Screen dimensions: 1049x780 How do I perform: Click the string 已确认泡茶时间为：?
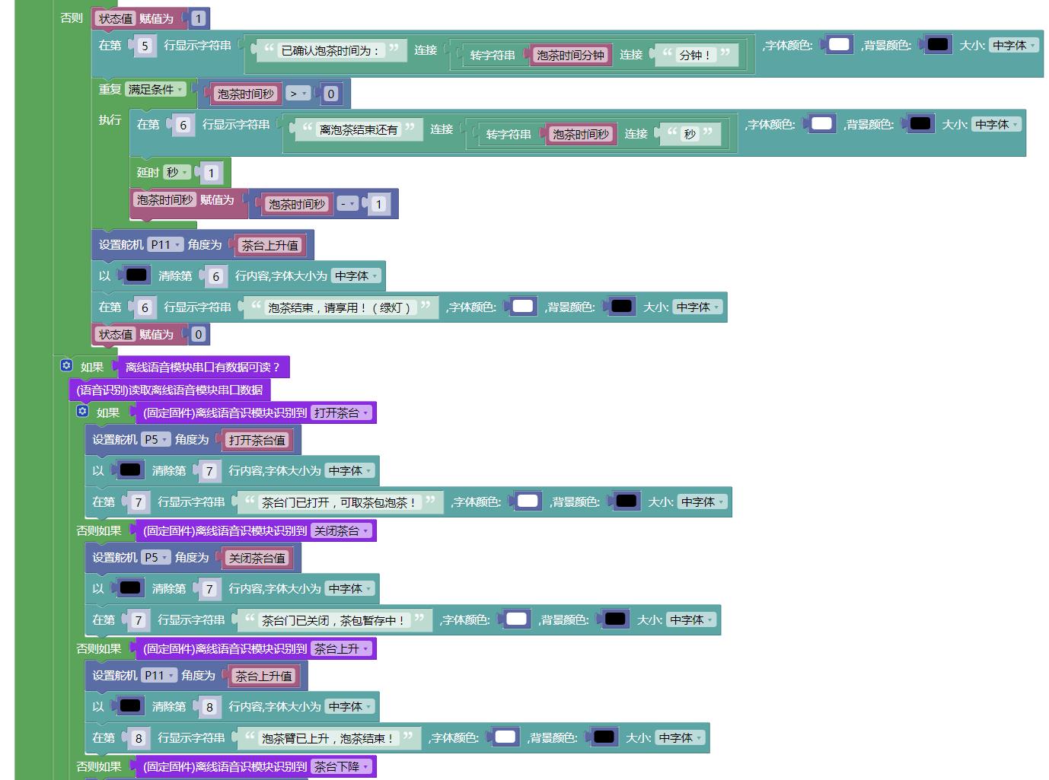click(x=330, y=50)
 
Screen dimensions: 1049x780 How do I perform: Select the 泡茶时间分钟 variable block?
click(x=570, y=55)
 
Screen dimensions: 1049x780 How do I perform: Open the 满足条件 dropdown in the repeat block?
click(x=155, y=89)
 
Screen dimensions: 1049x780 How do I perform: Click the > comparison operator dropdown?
click(x=298, y=94)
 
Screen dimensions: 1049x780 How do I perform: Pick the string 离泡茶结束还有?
click(x=359, y=129)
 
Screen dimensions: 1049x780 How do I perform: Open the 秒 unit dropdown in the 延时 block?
click(x=177, y=173)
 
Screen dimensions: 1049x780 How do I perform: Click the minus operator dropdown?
click(x=347, y=204)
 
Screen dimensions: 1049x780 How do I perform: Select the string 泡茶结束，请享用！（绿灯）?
click(x=339, y=307)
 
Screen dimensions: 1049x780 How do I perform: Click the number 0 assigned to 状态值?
click(x=198, y=335)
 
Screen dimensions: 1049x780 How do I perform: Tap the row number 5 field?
click(x=145, y=46)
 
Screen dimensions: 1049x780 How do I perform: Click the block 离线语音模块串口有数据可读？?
click(x=202, y=367)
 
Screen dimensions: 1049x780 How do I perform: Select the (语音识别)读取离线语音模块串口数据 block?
click(x=170, y=390)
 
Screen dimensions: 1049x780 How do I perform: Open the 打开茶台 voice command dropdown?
click(x=341, y=412)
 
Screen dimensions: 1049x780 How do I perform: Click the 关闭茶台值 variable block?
click(x=257, y=559)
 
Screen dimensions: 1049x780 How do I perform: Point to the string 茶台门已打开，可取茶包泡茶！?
click(x=339, y=502)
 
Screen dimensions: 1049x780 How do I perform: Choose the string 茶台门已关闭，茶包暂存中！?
click(x=333, y=620)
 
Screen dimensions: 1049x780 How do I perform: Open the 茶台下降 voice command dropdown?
click(x=341, y=767)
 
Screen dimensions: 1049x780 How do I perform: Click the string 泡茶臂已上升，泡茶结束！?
click(x=327, y=738)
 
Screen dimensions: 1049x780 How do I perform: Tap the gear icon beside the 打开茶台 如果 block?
click(x=82, y=411)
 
